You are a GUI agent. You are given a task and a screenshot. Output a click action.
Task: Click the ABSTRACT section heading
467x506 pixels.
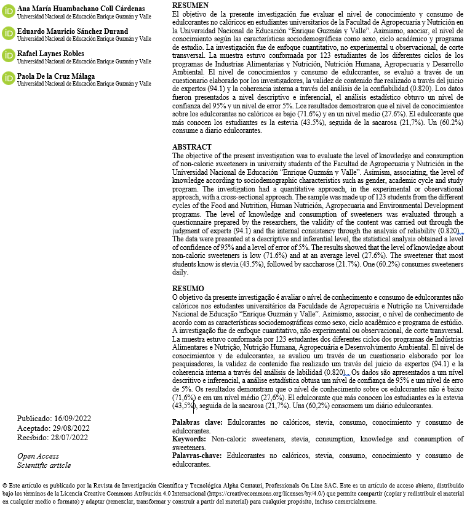[191, 148]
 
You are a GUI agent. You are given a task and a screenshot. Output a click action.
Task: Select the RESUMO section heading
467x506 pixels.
[187, 289]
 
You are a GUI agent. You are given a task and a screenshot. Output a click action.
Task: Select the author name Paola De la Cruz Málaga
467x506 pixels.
[56, 76]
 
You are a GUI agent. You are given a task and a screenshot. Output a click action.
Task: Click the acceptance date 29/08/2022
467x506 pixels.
[73, 428]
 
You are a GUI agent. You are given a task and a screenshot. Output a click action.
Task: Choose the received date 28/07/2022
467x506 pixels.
[71, 438]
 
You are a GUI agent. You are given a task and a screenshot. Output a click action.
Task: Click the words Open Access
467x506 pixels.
[38, 456]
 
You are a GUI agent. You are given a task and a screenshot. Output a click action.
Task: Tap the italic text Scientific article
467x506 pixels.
[44, 465]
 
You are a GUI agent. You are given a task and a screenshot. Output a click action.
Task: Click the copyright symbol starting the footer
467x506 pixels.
[5, 485]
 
